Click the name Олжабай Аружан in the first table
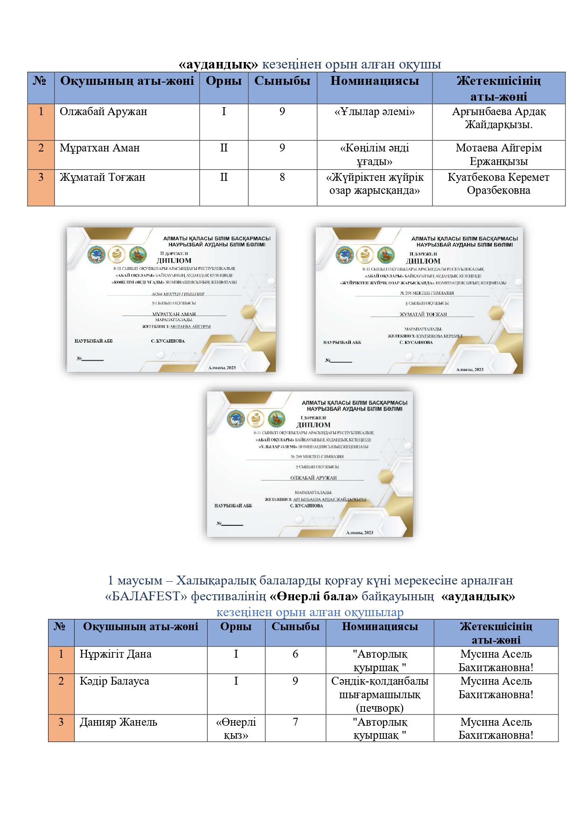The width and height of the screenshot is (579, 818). click(103, 112)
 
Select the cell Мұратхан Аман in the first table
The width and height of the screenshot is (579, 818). click(99, 148)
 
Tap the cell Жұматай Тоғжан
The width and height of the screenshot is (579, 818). click(102, 178)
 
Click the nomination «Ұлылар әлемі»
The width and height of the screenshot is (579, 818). click(374, 112)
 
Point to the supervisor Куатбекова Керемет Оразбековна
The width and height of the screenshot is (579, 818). click(498, 184)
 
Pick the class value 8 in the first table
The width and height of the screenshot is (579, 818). click(282, 178)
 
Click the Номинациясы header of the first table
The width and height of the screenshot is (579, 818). click(374, 81)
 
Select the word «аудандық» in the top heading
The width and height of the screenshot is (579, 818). click(218, 64)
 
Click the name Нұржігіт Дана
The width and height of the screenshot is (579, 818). click(115, 654)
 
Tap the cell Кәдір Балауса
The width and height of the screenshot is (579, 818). click(114, 681)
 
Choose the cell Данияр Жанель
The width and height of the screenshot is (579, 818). click(118, 722)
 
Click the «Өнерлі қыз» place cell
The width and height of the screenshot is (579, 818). click(236, 729)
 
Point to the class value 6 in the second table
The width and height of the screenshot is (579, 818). click(295, 654)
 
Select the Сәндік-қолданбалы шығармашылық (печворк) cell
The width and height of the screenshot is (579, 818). click(379, 694)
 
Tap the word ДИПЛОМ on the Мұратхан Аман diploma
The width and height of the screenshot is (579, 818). click(174, 261)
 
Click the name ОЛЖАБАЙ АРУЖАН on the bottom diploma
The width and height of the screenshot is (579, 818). click(313, 478)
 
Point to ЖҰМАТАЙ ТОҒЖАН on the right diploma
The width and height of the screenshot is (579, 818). click(423, 314)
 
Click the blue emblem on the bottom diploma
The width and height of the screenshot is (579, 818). click(236, 419)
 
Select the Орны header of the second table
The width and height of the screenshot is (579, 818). click(236, 626)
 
